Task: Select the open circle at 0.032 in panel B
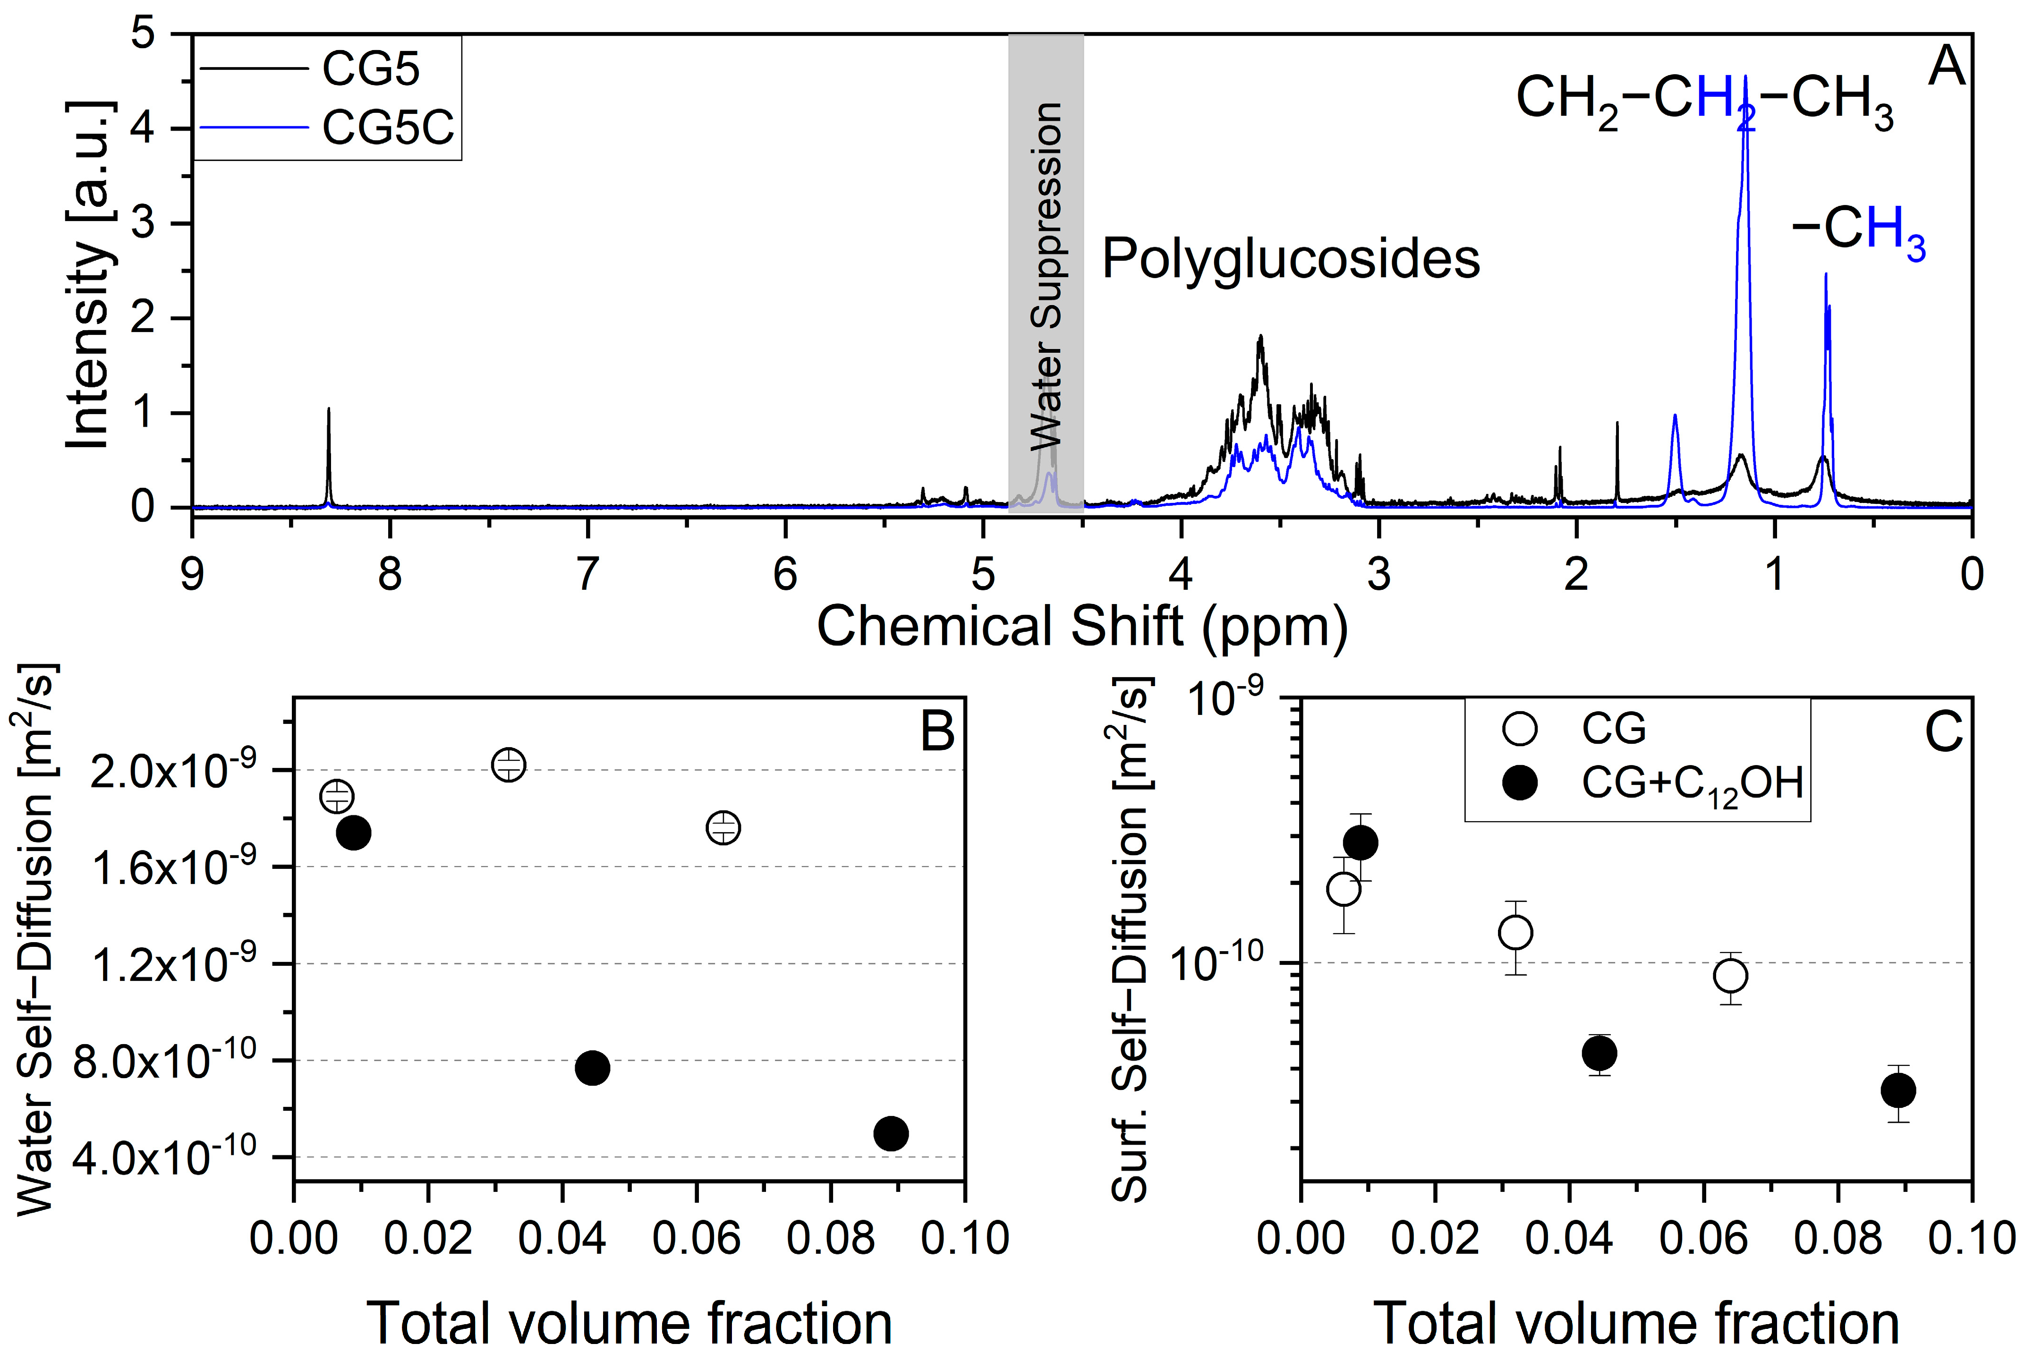(x=509, y=764)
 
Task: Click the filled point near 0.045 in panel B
(x=593, y=1068)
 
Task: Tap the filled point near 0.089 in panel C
(x=1898, y=1090)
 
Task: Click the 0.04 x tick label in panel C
(x=1569, y=1237)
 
